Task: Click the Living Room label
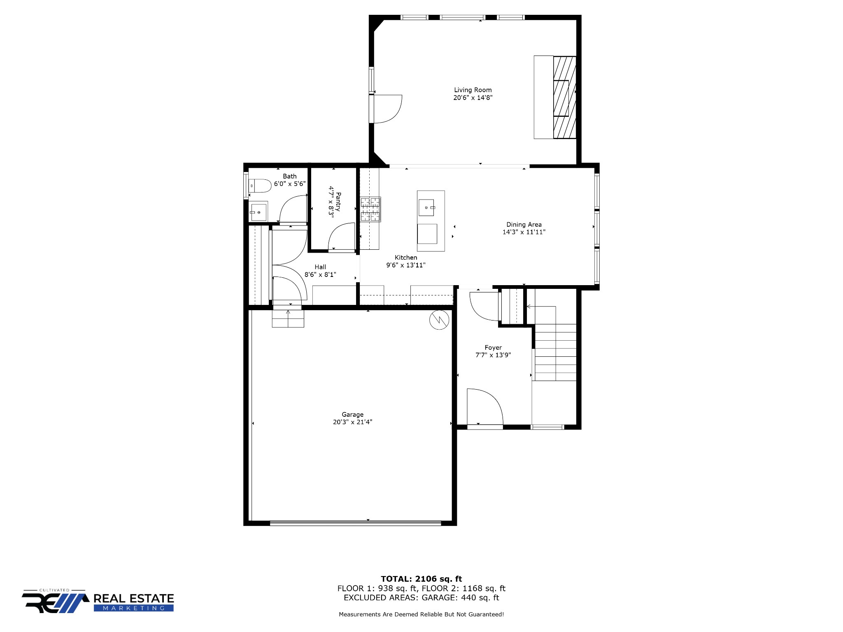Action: tap(473, 90)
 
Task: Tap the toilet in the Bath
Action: tap(260, 186)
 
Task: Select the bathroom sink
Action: tap(258, 211)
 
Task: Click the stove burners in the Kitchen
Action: tap(370, 210)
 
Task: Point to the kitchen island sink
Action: tap(426, 207)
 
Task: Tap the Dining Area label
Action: tap(524, 225)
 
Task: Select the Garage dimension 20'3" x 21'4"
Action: tap(353, 422)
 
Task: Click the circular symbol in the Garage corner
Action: tap(439, 320)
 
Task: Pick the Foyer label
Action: tap(493, 348)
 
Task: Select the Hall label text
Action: tap(320, 267)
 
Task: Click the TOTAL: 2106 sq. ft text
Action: tap(421, 579)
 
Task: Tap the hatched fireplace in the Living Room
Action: tap(564, 97)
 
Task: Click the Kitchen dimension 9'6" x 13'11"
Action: tap(406, 265)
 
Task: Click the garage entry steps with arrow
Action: tap(288, 318)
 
